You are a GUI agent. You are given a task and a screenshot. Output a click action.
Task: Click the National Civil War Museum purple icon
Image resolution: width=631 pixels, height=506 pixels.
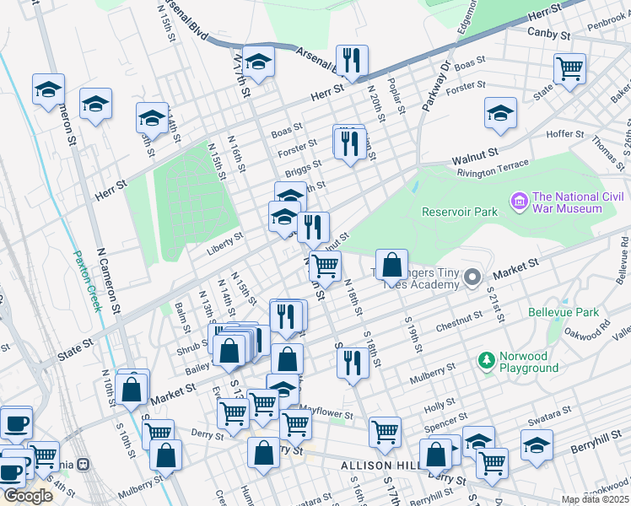point(518,202)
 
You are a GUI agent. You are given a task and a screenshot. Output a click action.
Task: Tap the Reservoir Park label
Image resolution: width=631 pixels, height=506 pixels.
point(460,213)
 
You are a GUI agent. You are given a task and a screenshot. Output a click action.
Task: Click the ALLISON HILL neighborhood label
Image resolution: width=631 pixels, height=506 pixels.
point(378,466)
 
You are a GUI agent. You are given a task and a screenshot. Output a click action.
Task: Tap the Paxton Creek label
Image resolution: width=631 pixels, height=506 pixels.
point(87,281)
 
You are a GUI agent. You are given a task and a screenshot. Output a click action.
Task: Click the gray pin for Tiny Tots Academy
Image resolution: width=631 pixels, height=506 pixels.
point(473,277)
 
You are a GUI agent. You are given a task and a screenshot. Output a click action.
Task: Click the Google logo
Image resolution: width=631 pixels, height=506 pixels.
point(27,496)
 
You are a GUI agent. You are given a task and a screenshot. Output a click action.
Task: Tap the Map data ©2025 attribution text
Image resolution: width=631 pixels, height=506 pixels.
point(595,499)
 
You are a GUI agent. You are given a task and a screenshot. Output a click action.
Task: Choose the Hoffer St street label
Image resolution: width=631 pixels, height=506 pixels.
point(565,133)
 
